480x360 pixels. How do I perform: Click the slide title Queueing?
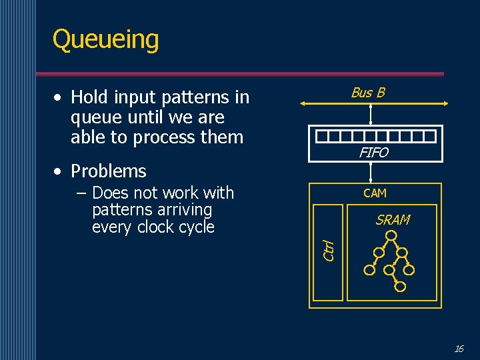[x=105, y=39]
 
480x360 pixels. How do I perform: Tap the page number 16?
[x=458, y=348]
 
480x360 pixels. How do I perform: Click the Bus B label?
[x=368, y=93]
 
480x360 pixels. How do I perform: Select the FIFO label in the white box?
[x=373, y=153]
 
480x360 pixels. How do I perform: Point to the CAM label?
[x=375, y=193]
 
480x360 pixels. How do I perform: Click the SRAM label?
[x=393, y=220]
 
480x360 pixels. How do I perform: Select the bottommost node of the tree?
[x=400, y=287]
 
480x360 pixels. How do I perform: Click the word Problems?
[x=108, y=171]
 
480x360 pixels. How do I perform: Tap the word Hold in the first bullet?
[x=89, y=97]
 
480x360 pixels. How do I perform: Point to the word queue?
[x=93, y=117]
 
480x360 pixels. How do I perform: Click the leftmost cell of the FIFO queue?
[x=322, y=137]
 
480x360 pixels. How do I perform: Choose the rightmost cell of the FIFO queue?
[x=430, y=137]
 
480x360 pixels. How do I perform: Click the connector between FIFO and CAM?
[x=371, y=172]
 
